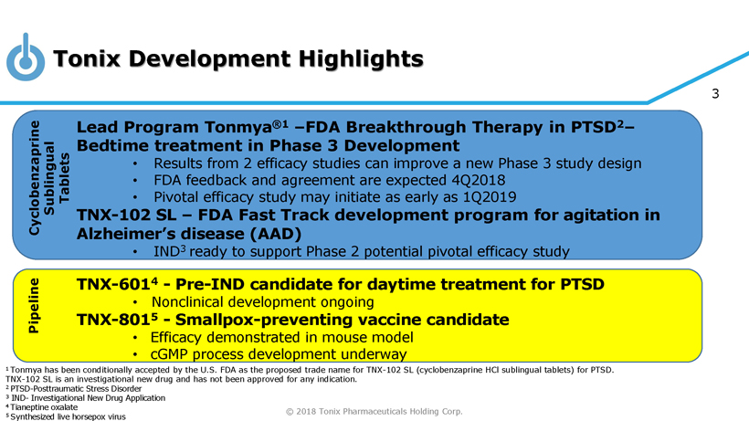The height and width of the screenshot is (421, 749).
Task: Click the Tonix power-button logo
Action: pos(26,58)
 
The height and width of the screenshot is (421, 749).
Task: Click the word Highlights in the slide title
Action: pos(361,59)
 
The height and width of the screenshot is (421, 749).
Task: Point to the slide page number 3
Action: pos(715,93)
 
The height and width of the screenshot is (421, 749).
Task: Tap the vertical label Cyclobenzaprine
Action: pos(34,177)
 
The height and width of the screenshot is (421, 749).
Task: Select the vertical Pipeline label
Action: pos(34,306)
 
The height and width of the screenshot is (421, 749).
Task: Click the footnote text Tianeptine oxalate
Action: pos(44,407)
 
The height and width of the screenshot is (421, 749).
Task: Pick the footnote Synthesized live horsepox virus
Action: pos(68,416)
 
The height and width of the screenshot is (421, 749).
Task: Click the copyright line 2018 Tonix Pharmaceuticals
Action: pos(374,412)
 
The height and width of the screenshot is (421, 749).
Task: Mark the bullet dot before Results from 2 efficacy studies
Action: pos(135,163)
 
